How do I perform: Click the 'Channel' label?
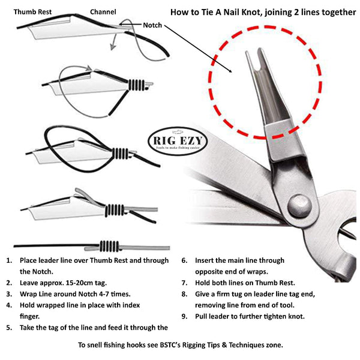click(x=103, y=11)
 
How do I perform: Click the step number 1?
click(x=8, y=261)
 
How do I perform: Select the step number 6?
click(x=184, y=261)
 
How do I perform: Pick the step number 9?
click(x=184, y=316)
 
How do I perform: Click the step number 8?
click(x=184, y=294)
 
